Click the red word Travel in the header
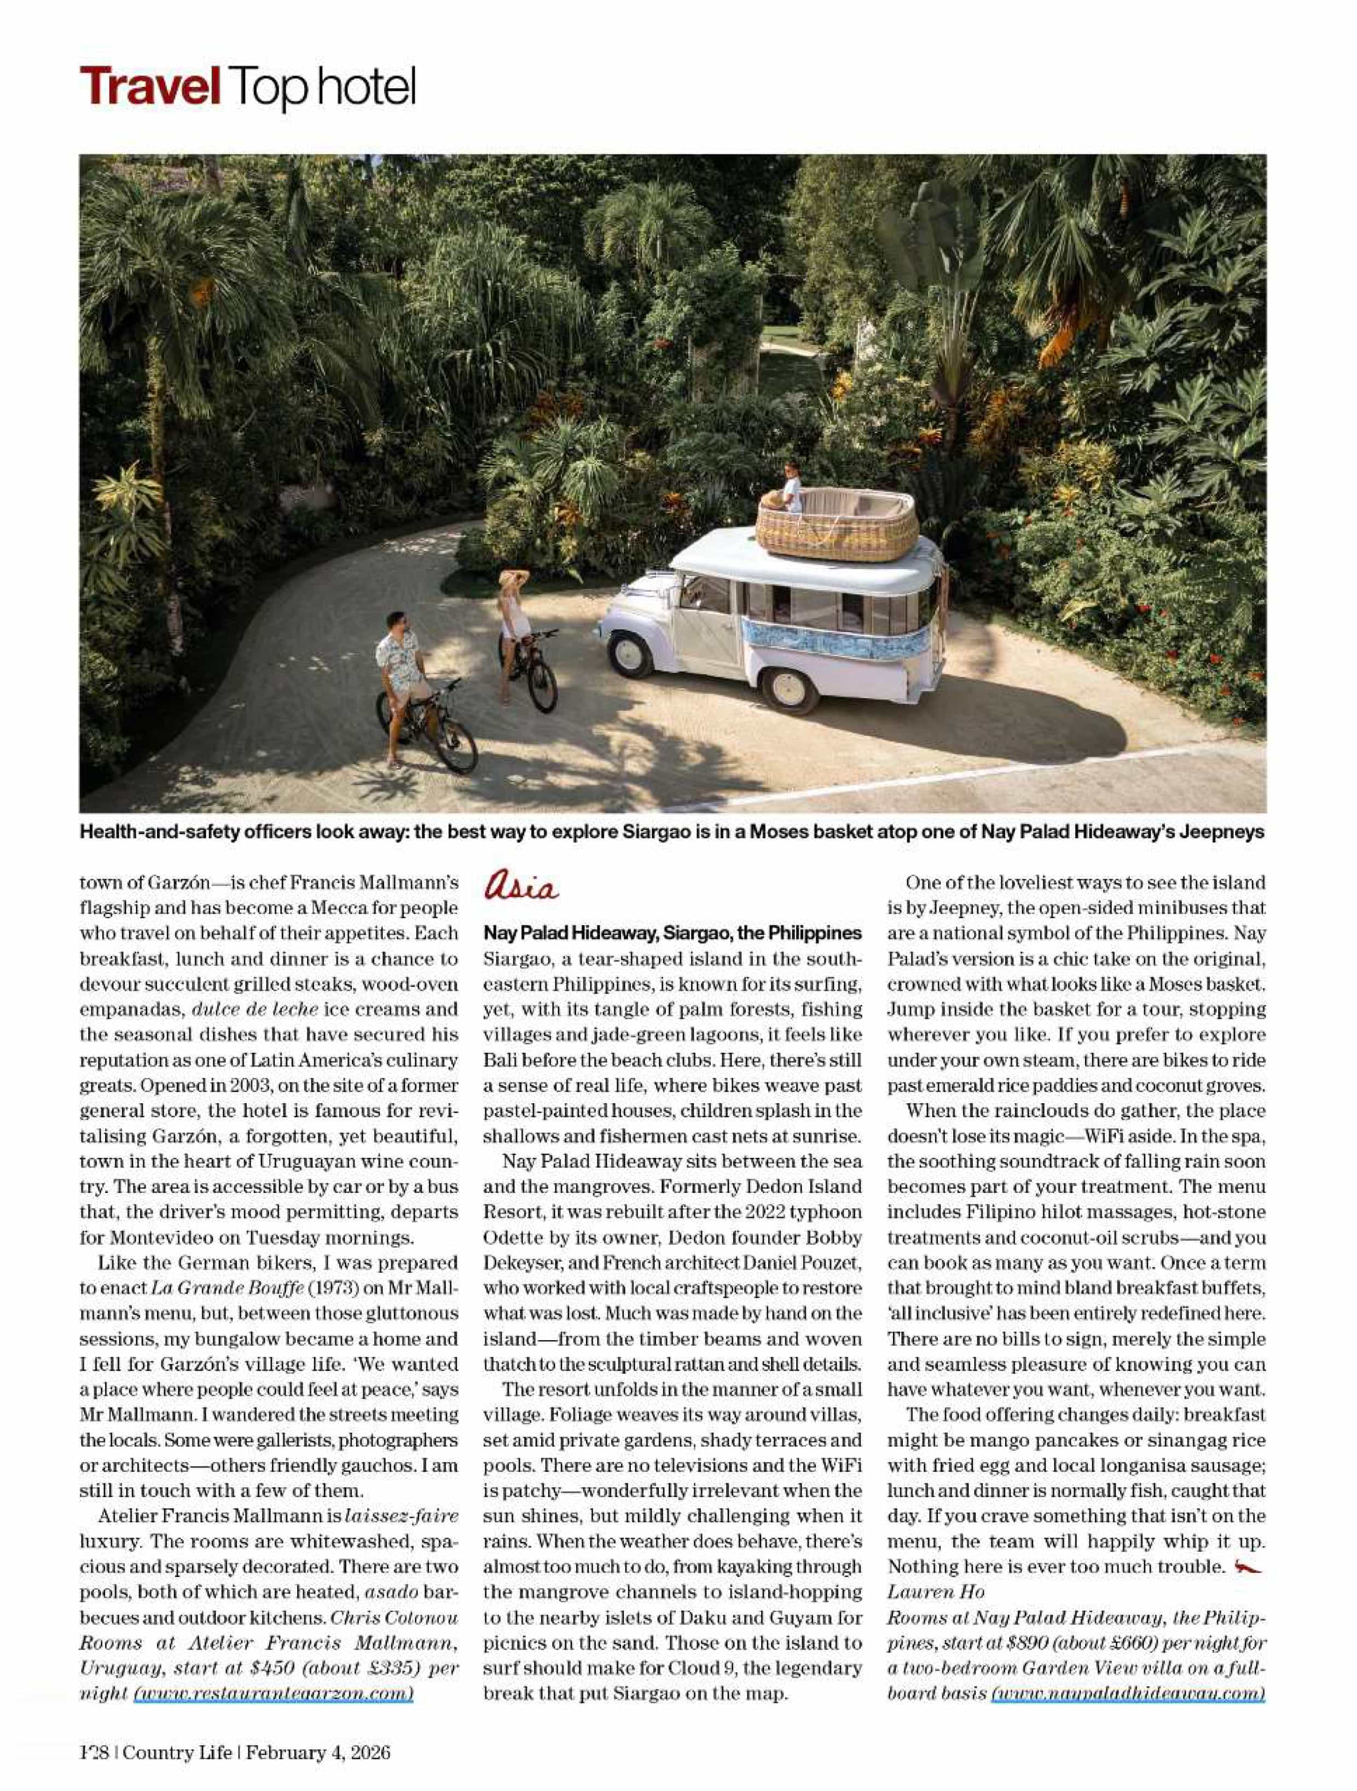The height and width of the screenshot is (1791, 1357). pyautogui.click(x=150, y=86)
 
